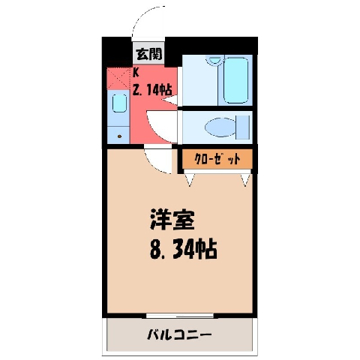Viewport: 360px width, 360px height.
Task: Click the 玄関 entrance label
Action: coord(149,54)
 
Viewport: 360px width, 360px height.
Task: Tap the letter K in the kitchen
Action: coord(136,73)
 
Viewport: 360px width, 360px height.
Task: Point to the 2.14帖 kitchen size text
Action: coord(152,89)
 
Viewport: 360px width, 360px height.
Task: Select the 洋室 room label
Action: coord(172,220)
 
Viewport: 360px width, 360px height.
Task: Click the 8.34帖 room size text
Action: coord(183,250)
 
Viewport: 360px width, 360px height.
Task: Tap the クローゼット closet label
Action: coord(217,159)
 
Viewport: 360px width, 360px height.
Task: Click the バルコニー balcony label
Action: coord(179,334)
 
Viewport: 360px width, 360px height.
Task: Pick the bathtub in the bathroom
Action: coord(236,80)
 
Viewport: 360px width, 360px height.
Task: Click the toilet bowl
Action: coord(220,127)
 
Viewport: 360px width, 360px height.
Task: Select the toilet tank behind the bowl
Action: coord(243,127)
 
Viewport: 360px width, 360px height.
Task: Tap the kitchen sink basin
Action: coord(119,103)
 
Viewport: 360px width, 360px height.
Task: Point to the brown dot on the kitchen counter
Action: coord(119,136)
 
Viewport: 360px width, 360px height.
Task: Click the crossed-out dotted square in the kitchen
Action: coord(119,78)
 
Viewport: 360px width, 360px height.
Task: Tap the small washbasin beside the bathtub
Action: coord(214,60)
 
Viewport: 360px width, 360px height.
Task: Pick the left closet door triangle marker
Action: coord(189,180)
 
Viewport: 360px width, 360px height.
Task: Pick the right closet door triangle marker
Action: coord(245,180)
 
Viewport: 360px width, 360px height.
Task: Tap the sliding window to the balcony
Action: coord(179,316)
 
